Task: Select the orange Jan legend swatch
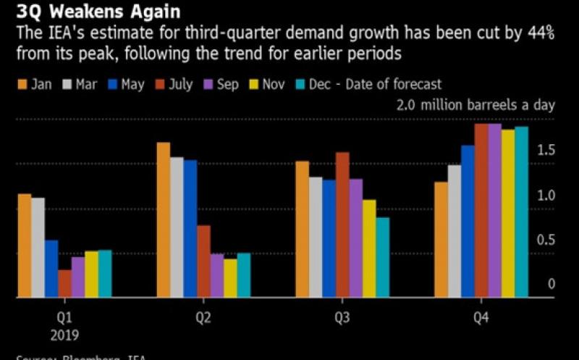(x=22, y=85)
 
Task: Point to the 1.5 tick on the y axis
(x=546, y=150)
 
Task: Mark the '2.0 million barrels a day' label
(x=476, y=105)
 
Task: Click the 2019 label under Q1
(x=64, y=335)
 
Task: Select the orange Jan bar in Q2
(x=164, y=219)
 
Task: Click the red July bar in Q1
(x=64, y=283)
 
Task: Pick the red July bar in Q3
(x=342, y=225)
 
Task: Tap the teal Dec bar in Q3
(x=382, y=257)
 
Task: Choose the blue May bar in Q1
(x=51, y=268)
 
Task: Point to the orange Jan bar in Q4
(x=441, y=239)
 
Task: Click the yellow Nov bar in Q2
(x=230, y=277)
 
